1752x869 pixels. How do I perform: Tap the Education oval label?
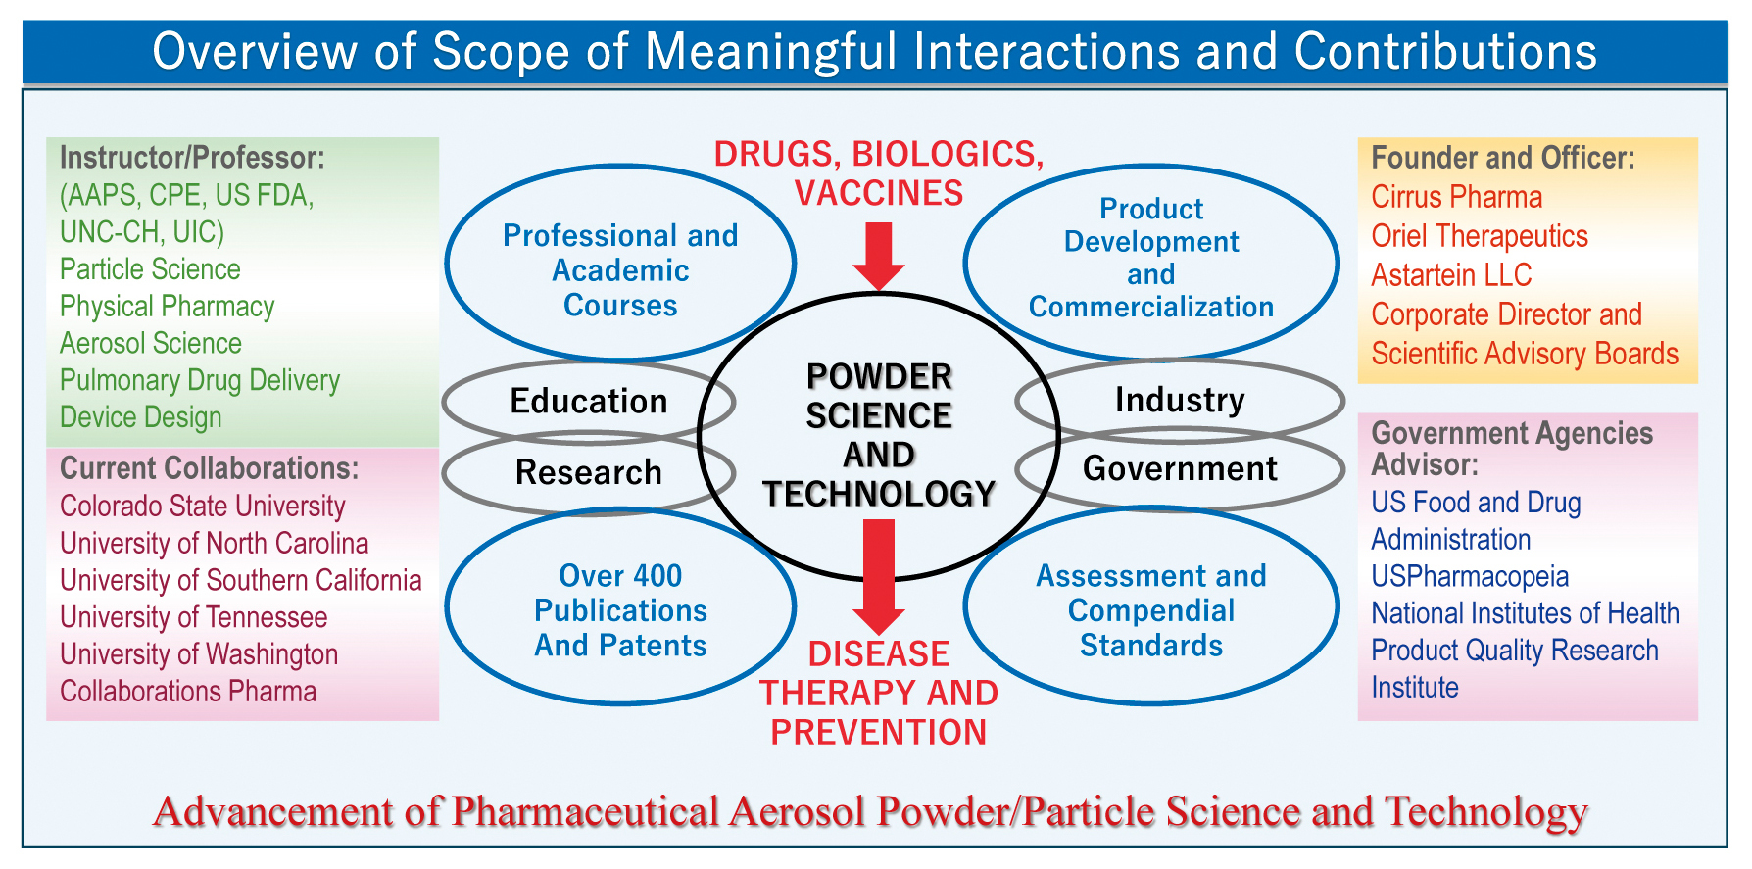589,402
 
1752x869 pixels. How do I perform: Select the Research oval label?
589,472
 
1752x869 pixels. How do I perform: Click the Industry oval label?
1180,400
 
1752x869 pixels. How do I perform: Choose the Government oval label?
1180,468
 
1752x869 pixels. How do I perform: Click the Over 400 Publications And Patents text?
620,610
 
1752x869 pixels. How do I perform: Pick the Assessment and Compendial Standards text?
1151,610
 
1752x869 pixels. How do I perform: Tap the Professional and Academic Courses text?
620,270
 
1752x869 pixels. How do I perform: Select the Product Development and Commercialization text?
1151,258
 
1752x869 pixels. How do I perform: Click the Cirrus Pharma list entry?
1456,197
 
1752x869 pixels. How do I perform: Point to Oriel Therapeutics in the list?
1479,236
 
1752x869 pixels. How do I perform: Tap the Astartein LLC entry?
1451,275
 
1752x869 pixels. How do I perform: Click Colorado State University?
203,507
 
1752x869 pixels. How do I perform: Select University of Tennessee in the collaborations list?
194,617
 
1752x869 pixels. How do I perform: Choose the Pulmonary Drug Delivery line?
200,380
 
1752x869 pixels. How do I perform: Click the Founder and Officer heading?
1503,158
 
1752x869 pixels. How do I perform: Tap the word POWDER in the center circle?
879,377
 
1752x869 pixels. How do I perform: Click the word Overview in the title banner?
257,52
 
